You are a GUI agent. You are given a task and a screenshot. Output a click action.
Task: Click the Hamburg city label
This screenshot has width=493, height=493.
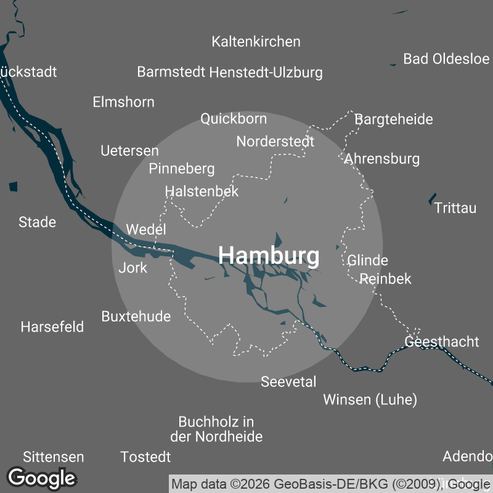coord(269,255)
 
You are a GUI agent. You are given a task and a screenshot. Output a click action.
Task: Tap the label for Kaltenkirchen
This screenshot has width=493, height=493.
coord(256,42)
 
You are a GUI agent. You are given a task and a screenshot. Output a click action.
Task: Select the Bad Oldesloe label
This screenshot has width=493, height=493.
coord(446,59)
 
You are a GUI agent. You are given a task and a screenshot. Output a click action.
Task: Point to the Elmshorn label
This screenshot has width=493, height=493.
coord(123,102)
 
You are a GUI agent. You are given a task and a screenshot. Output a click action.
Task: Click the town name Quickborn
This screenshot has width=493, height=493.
coord(234,118)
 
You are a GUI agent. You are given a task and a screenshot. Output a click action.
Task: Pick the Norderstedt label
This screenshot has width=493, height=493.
coord(275,142)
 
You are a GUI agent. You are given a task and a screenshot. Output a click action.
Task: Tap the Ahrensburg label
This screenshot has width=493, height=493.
coord(381,159)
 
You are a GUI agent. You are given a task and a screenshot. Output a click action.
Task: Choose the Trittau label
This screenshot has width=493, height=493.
coord(455,208)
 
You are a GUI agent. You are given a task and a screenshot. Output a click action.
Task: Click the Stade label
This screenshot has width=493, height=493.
coord(37,222)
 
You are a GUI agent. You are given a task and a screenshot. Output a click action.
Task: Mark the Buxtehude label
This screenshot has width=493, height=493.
coord(136,317)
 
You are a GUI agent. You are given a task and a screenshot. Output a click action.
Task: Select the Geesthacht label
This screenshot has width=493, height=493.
coord(441,341)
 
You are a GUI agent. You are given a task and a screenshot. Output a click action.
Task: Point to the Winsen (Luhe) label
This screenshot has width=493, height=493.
coord(370,400)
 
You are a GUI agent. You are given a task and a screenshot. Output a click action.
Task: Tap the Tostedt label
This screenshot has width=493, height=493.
coord(145,457)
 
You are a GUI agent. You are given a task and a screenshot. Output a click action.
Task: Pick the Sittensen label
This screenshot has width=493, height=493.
coord(53,457)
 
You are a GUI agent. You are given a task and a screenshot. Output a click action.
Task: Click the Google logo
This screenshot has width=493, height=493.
coord(41,478)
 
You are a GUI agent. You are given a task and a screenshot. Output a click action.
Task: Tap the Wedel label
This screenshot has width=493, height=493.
coord(146,230)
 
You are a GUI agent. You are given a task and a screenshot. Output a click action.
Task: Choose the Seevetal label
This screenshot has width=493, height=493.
coord(288,382)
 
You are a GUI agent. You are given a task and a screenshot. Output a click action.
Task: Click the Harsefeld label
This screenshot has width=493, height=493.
coord(52,327)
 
